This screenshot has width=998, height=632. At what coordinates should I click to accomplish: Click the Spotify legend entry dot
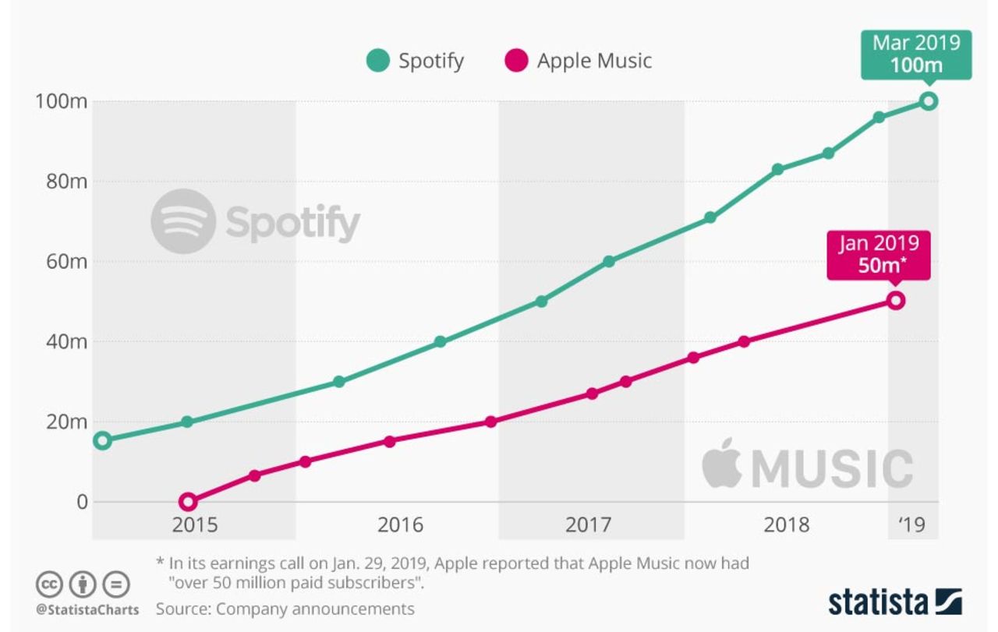[377, 61]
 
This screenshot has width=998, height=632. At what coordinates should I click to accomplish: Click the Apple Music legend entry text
[594, 61]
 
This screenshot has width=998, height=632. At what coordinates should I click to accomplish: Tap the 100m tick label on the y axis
[59, 101]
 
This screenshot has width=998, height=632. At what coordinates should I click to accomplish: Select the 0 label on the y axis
[82, 502]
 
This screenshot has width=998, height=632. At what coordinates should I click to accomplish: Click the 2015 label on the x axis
[195, 524]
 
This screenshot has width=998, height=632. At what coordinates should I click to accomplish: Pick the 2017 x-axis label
[588, 524]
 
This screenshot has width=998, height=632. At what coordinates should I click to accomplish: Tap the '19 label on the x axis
[911, 524]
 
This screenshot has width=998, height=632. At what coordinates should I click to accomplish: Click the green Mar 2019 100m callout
[916, 53]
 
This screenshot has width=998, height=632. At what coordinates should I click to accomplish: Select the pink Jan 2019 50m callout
[879, 254]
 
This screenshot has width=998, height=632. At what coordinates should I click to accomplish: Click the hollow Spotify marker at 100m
[928, 101]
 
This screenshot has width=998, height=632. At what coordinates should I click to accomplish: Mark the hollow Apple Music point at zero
[187, 502]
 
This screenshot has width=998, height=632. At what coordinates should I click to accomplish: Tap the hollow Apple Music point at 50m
[896, 301]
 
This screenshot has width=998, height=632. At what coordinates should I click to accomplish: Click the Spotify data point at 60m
[609, 261]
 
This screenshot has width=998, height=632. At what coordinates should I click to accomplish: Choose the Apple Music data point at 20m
[490, 422]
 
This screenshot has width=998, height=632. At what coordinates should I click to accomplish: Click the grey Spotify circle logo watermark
[183, 221]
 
